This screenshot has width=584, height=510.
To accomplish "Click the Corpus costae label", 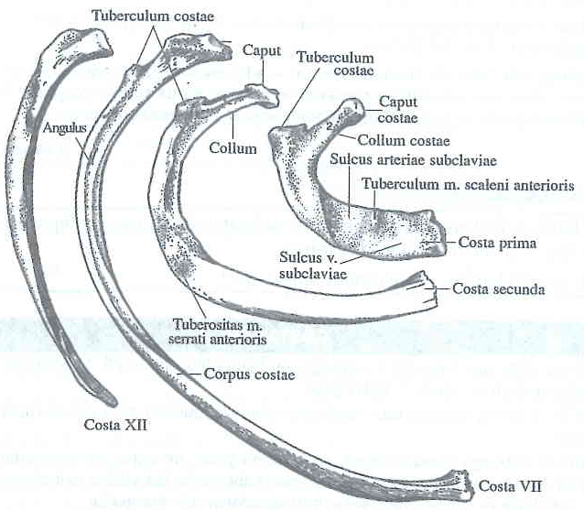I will click(x=241, y=374).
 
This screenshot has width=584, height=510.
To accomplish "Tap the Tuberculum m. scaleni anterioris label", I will click(x=468, y=185).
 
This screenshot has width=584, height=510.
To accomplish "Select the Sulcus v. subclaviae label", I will click(x=308, y=261).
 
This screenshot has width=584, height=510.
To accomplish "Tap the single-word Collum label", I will click(x=233, y=147).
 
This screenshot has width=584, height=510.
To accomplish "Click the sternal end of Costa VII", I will click(x=458, y=477).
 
